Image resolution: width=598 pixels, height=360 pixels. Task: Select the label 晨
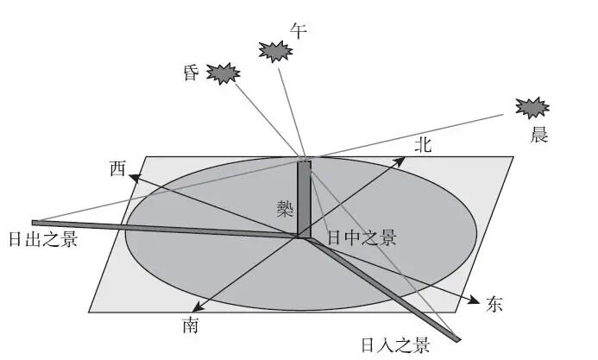pos(539,135)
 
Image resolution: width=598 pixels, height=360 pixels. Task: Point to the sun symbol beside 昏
pos(223,73)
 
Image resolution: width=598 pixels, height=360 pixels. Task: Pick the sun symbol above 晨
pos(532,107)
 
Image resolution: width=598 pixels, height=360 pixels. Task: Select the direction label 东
pos(494,304)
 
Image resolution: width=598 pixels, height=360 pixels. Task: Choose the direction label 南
pos(191,325)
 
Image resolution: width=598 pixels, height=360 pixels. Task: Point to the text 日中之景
pos(362,237)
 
